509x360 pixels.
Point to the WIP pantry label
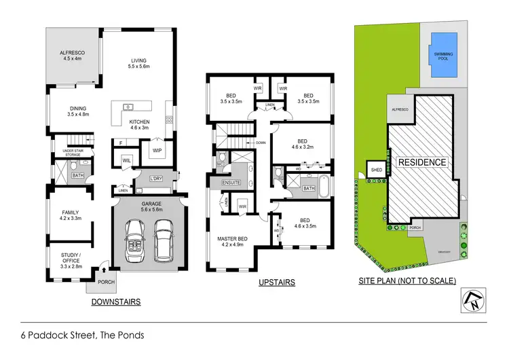157,149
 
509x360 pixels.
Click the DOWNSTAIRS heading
115,302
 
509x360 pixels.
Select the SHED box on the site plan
374,169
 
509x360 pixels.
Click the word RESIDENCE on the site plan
421,162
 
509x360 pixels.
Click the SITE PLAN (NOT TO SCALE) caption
407,281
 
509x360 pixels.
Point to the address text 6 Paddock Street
82,335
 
